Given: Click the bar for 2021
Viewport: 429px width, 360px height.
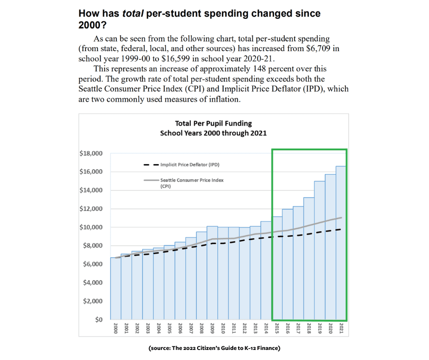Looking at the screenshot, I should point(341,243).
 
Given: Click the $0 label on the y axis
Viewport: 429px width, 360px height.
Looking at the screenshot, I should point(98,319).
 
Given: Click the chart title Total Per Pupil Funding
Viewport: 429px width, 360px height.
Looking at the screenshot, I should point(213,123).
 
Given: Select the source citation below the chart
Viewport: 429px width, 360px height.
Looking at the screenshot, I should point(214,349).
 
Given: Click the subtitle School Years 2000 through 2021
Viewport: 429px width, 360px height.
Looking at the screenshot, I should point(213,133).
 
